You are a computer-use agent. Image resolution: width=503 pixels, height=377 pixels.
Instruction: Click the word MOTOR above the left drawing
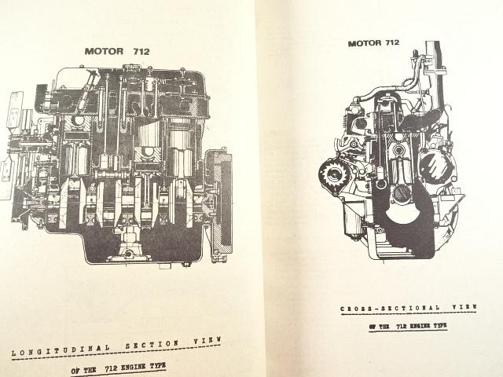[x=104, y=51]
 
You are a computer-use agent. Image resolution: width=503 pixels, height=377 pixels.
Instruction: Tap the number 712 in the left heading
[x=141, y=51]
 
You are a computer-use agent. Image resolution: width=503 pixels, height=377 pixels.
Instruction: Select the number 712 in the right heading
[x=391, y=42]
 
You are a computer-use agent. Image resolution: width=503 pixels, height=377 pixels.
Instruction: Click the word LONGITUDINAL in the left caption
[x=61, y=350]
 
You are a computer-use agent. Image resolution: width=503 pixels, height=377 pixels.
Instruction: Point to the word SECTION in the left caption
[x=152, y=345]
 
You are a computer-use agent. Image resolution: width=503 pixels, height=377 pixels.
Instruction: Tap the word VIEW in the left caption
[x=207, y=340]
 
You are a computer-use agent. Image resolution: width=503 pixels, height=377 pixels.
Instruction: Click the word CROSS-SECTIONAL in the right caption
[x=390, y=308]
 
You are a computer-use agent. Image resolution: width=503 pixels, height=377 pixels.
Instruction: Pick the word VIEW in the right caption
[x=464, y=307]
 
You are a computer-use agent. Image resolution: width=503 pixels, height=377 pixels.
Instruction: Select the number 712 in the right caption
[x=402, y=327]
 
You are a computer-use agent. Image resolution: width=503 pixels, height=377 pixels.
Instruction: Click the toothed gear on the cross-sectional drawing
[x=331, y=173]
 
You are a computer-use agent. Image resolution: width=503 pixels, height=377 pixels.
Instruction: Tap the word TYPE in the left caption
[x=158, y=365]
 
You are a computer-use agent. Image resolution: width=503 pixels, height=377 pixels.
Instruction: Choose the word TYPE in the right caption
[x=440, y=326]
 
